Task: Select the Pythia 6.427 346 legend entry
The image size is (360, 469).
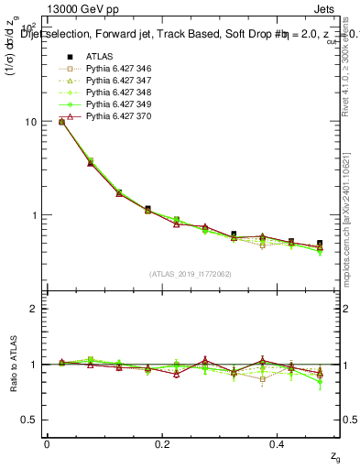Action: pos(118,69)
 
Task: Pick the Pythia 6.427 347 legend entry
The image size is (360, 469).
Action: pos(118,81)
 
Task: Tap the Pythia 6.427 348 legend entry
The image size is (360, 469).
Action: pos(118,93)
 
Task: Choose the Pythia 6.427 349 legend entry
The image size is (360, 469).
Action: pos(118,104)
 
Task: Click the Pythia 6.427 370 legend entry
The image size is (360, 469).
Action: pos(118,116)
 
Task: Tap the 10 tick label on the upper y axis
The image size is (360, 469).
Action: pos(30,122)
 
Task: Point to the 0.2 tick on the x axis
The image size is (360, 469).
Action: pos(162,443)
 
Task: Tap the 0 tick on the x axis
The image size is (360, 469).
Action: pos(47,443)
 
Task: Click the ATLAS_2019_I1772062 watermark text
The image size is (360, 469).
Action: pos(191,273)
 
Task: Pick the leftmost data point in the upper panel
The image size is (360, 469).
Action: pos(62,121)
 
